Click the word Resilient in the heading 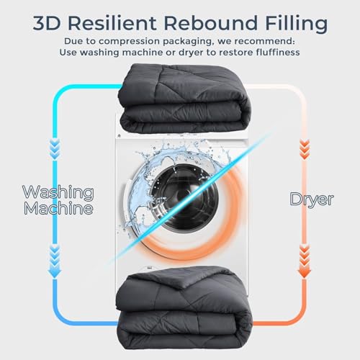point(112,23)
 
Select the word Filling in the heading point(296,24)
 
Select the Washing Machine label point(58,200)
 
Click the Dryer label point(312,199)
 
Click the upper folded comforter point(184,99)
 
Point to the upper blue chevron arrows point(55,149)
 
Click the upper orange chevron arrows point(305,150)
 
